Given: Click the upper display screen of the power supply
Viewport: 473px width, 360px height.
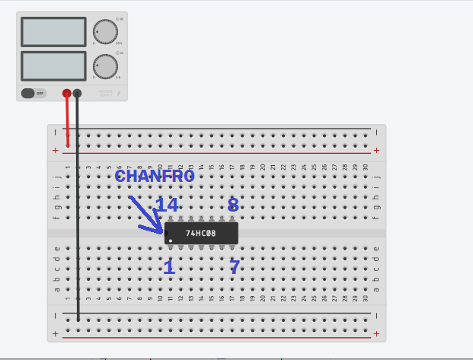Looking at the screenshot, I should (x=53, y=31).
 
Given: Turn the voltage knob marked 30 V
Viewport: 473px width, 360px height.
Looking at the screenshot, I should (x=105, y=31).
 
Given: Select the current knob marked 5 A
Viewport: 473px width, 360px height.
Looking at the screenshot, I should (x=105, y=65).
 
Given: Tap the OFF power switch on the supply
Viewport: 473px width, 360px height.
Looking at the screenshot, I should (x=34, y=93).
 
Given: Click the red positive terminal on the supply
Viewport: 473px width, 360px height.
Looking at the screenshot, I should (x=67, y=93).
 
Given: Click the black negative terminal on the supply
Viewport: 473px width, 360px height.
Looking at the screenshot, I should (x=77, y=93).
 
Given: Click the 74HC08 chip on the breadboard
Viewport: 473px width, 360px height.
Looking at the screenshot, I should (x=201, y=233).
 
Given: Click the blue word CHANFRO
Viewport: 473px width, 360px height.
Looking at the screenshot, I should (x=155, y=176).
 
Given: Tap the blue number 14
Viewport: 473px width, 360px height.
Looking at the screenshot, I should (x=166, y=205).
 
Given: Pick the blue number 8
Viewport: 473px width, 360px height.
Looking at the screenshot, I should (x=233, y=204).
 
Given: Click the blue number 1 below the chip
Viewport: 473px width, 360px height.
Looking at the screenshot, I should (x=168, y=267).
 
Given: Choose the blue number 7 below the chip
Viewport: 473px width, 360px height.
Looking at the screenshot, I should (x=235, y=267).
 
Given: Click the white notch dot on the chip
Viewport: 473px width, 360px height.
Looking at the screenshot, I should (x=171, y=241).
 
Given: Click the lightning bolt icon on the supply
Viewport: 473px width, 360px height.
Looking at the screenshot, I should (x=118, y=94).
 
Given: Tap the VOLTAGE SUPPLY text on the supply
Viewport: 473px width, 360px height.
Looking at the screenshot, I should (x=105, y=94).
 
